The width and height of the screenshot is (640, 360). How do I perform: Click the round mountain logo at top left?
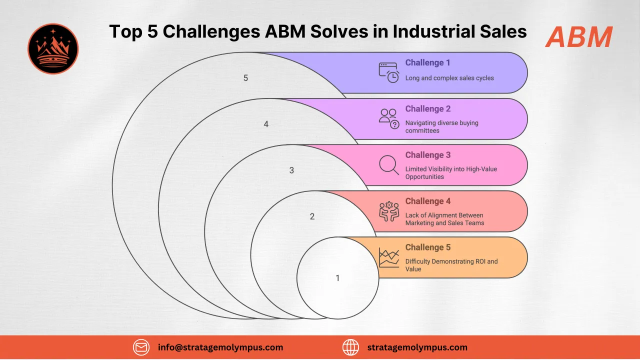(53, 48)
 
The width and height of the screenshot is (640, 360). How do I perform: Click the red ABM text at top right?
(579, 37)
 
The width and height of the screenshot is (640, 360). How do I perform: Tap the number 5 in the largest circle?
(245, 78)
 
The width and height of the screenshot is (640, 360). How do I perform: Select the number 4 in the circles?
(266, 124)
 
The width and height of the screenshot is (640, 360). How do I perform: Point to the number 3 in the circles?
(291, 170)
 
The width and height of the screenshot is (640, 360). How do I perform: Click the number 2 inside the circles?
(312, 216)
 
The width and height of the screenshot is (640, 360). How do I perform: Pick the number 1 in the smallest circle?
(337, 278)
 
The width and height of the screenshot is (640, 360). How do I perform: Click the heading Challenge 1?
(427, 63)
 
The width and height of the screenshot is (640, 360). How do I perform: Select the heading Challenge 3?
(427, 155)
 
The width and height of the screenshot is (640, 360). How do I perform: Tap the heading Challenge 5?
(427, 247)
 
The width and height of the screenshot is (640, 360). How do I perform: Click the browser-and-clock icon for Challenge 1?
(388, 72)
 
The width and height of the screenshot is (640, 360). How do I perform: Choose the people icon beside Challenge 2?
(388, 118)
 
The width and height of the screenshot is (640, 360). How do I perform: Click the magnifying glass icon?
(388, 165)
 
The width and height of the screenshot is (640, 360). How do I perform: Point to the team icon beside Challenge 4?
(388, 211)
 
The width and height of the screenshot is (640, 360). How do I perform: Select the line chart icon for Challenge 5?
(388, 257)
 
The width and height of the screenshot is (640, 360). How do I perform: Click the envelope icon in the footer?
(141, 347)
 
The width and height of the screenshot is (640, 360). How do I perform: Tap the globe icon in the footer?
(350, 347)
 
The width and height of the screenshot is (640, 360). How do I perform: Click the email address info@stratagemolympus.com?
(220, 347)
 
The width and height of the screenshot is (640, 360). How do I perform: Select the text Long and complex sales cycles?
(449, 78)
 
